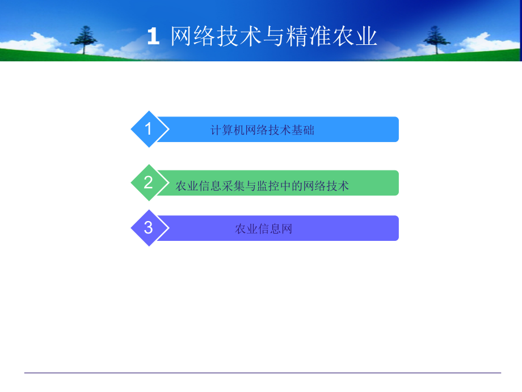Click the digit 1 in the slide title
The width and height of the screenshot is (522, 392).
tap(153, 37)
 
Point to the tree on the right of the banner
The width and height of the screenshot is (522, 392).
tap(436, 39)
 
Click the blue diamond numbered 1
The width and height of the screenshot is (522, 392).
tap(149, 130)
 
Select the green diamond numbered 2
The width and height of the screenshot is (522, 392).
tap(149, 183)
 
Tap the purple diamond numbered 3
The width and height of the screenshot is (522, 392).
tap(149, 228)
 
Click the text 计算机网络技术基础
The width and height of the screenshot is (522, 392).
tap(262, 130)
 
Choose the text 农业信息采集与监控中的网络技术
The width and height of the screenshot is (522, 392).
tap(262, 185)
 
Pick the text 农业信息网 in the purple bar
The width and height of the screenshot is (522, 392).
tap(263, 230)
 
